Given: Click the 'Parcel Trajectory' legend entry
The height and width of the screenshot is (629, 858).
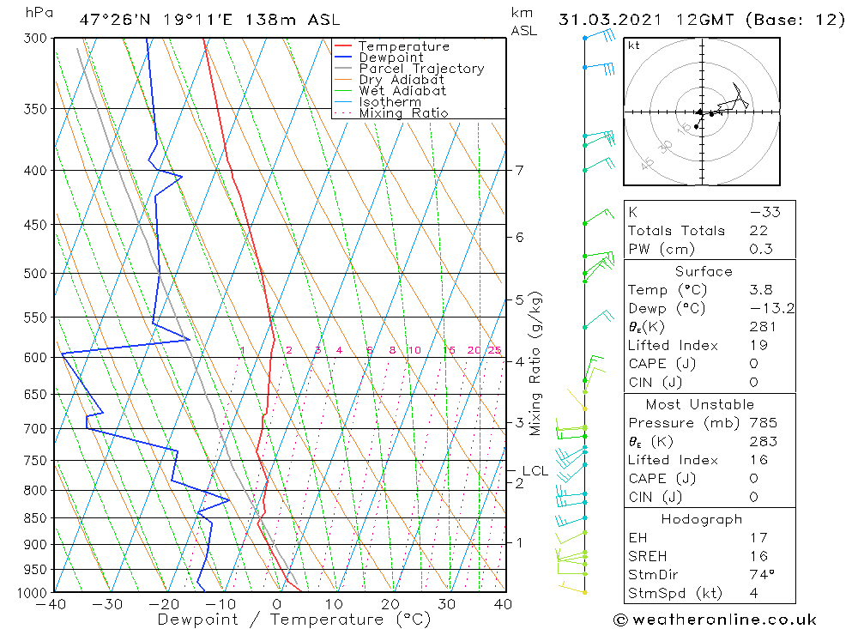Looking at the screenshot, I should (420, 69).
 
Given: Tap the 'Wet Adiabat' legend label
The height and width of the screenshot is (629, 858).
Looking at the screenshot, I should (402, 91).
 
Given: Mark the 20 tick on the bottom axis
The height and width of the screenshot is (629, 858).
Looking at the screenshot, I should (390, 604).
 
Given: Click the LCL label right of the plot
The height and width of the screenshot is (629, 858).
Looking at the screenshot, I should (535, 470).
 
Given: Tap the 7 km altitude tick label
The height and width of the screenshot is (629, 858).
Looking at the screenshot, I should (520, 170).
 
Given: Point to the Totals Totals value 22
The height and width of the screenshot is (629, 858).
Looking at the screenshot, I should (758, 231).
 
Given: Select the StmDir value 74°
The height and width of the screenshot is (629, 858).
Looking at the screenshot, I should (762, 574).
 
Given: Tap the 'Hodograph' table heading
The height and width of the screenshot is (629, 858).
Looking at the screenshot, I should (702, 519).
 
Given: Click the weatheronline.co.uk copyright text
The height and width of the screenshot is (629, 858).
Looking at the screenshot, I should (715, 620).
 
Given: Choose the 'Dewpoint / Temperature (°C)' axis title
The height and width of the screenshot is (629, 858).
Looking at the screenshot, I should (294, 619).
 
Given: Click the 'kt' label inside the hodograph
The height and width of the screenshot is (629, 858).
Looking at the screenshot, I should (634, 45).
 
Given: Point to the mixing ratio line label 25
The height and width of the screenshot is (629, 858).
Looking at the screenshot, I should (494, 350).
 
